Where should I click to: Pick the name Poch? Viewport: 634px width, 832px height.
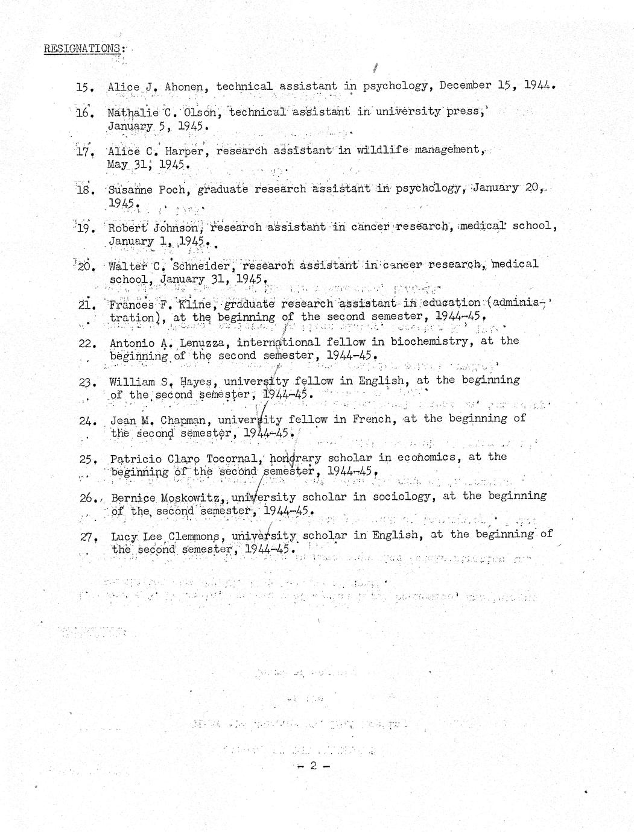click(172, 189)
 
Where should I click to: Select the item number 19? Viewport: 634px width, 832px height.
click(84, 228)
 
